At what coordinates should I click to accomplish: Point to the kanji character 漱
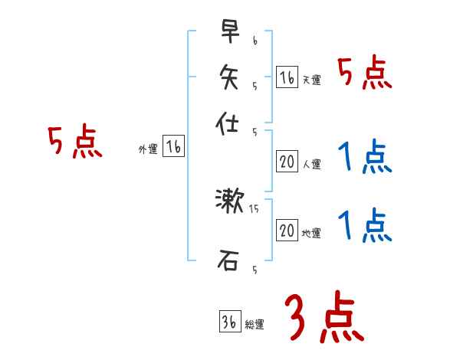[229, 201]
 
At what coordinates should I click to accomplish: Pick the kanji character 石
[229, 261]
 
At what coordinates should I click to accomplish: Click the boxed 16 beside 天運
[287, 77]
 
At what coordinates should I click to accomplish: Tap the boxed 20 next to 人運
[287, 162]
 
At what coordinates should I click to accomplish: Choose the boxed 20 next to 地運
[287, 231]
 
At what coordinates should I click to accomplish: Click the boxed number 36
[229, 322]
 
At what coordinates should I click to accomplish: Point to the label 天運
[311, 80]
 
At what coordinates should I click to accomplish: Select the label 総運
[254, 325]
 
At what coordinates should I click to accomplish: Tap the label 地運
[311, 234]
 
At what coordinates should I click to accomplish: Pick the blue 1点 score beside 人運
[365, 159]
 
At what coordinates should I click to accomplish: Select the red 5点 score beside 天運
[365, 74]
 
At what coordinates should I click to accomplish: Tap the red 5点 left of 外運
[74, 143]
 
